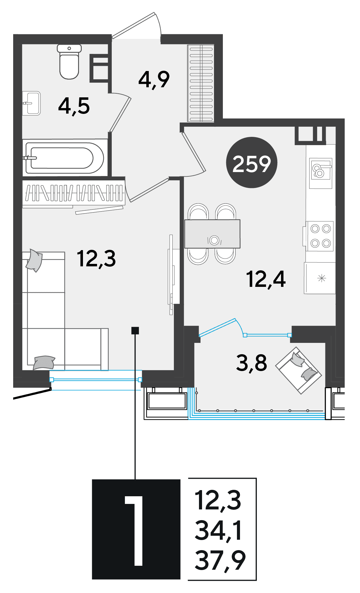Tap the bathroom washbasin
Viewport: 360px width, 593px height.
click(32, 103)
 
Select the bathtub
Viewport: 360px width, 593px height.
click(65, 158)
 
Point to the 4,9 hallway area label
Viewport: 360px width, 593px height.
click(154, 80)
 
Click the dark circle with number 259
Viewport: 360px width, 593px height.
click(252, 162)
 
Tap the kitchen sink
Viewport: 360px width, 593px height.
click(321, 173)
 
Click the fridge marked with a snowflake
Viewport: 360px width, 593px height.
click(320, 278)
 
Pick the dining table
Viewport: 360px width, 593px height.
click(212, 234)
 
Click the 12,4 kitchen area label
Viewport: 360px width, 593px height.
click(266, 279)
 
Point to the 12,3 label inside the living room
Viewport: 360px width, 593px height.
click(96, 259)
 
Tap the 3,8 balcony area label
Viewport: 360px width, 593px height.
click(252, 363)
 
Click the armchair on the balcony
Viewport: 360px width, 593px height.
click(298, 370)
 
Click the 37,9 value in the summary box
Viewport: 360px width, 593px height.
click(220, 561)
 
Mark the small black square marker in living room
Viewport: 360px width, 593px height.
click(135, 330)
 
